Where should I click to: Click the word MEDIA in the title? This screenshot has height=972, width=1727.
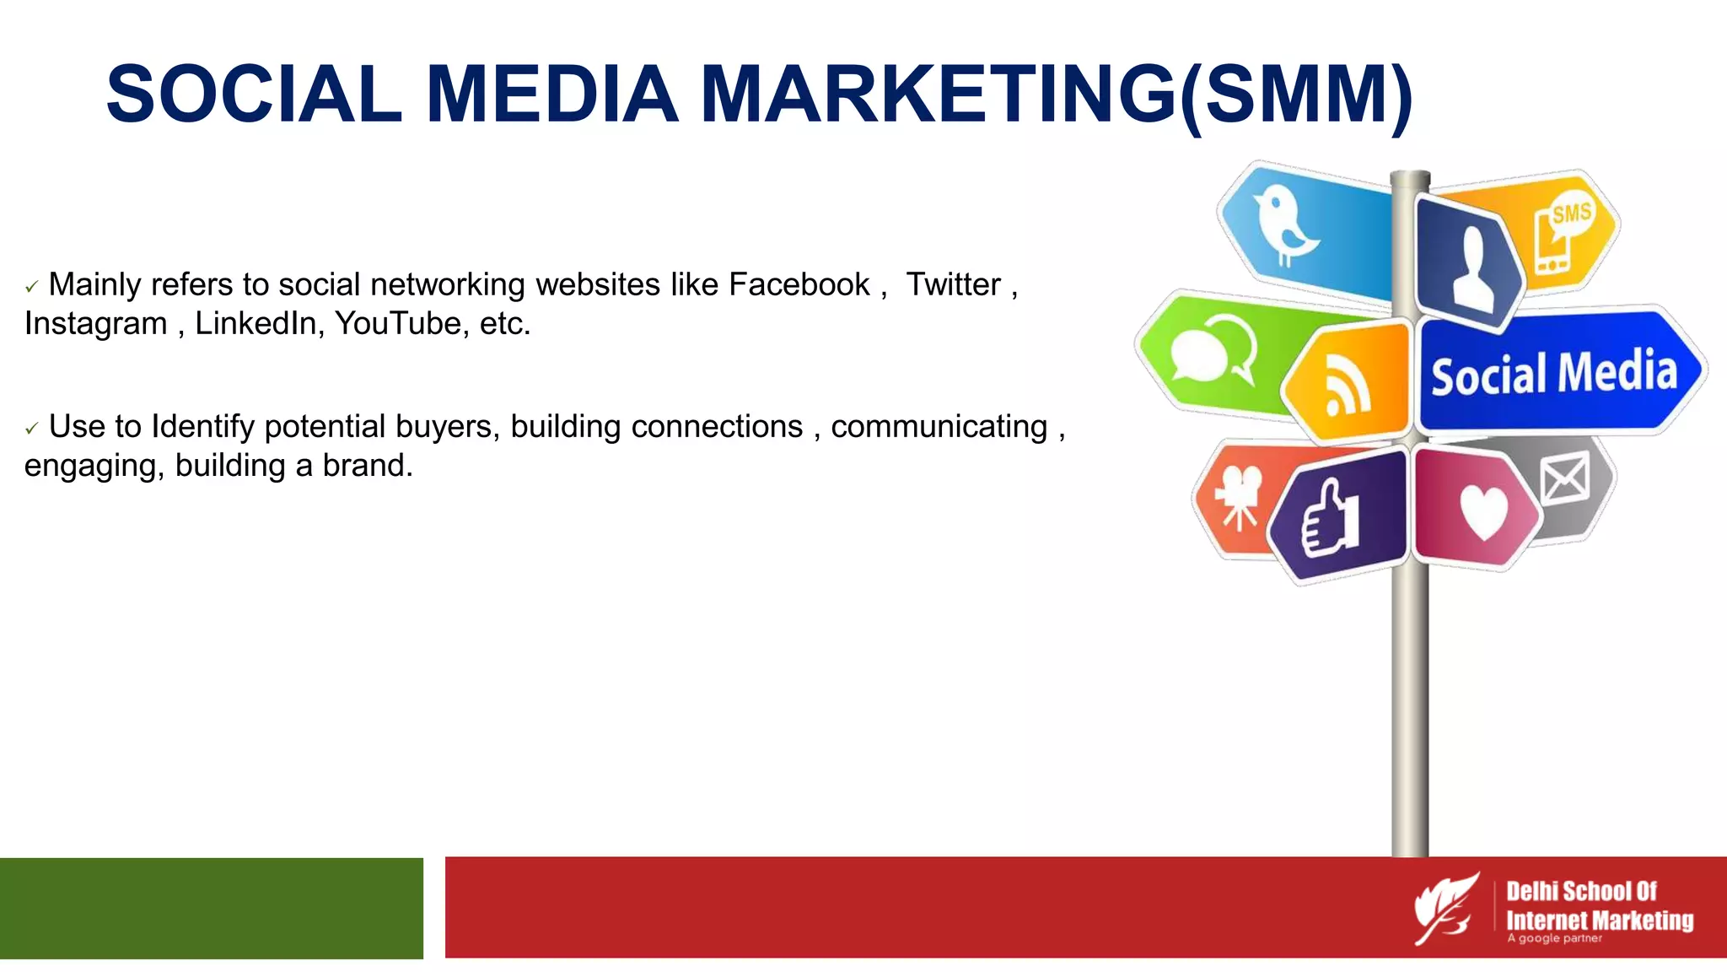click(x=552, y=94)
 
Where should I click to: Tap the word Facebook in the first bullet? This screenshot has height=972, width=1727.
click(x=799, y=285)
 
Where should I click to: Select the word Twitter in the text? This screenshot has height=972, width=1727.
click(x=953, y=285)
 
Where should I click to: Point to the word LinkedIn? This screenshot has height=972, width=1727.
click(x=256, y=324)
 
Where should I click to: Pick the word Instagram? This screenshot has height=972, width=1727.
click(x=95, y=324)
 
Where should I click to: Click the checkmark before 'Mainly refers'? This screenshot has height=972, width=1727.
click(x=32, y=288)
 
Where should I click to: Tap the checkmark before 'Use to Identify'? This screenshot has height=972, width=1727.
click(x=32, y=429)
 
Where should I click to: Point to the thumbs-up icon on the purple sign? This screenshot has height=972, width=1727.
click(x=1332, y=518)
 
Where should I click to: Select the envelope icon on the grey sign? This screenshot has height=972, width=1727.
click(x=1564, y=478)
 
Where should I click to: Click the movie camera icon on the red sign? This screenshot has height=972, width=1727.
click(x=1238, y=496)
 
